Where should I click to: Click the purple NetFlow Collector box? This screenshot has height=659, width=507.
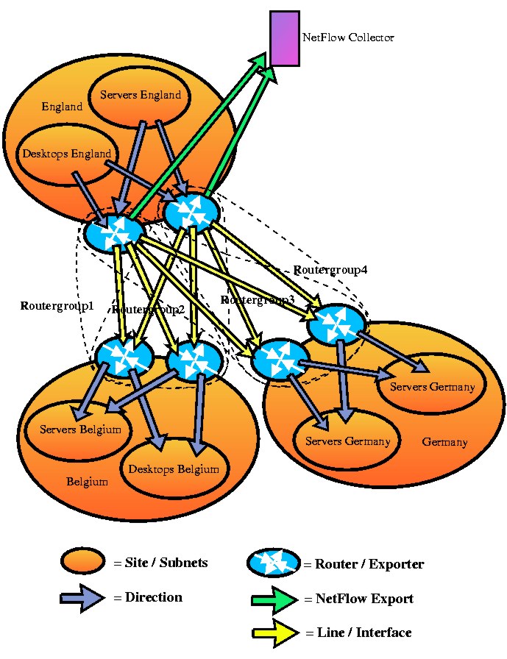coord(284,38)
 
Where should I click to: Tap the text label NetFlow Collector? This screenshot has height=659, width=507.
coord(348,38)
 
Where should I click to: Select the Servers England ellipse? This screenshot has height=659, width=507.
coord(140,96)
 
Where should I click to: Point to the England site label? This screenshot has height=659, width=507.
coord(62,107)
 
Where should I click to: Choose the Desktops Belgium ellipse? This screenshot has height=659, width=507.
coord(174,469)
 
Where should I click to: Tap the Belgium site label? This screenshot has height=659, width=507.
coord(87,482)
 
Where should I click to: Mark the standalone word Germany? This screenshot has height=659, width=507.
coord(444,442)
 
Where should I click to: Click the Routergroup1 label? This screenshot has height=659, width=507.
coord(57,304)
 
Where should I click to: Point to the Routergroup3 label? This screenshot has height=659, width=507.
coord(258,300)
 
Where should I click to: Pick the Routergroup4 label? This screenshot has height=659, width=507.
coord(330,270)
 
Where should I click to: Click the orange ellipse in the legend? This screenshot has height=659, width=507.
coord(85,563)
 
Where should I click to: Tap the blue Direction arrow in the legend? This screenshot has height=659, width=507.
coord(83,597)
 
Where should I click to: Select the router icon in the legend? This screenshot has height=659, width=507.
coord(274,563)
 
